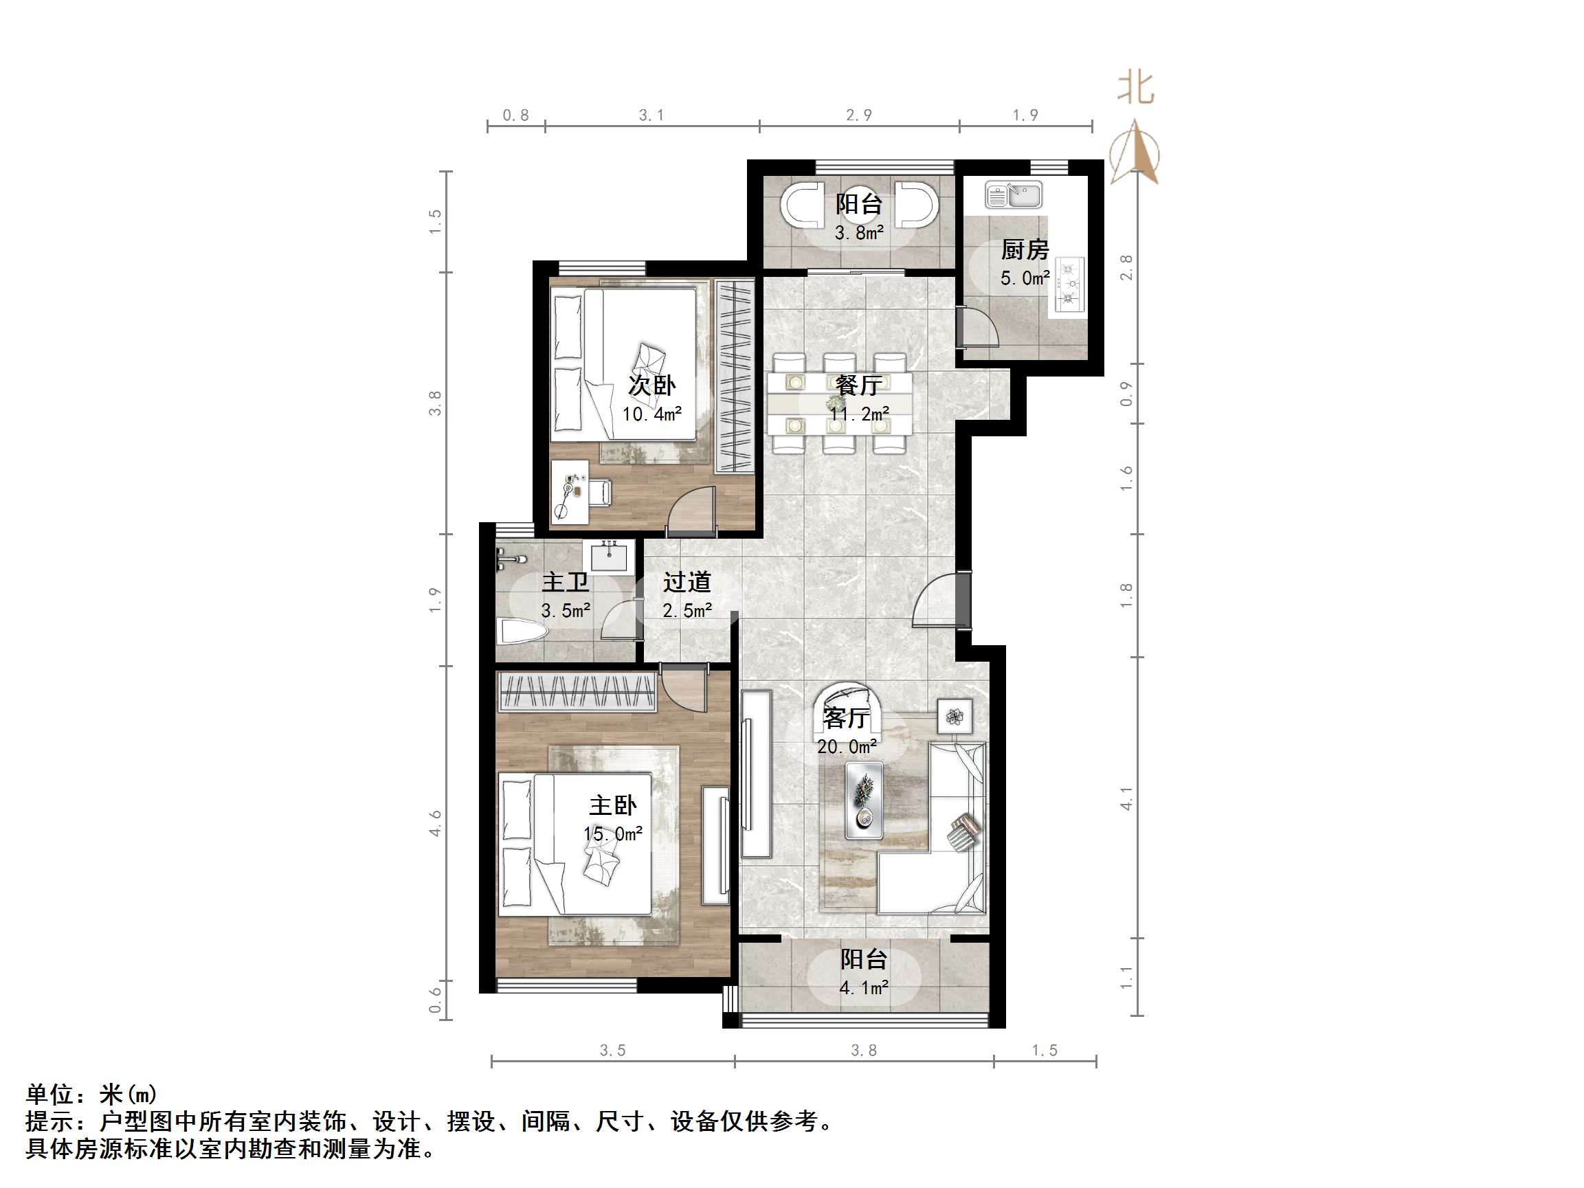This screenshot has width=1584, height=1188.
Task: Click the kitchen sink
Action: click(1013, 194)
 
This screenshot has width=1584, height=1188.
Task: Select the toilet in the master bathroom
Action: click(523, 632)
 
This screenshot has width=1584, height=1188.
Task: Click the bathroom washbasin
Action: click(610, 556)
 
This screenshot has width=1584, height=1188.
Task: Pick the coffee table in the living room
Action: click(864, 800)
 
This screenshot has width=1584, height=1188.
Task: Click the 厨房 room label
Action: click(1025, 250)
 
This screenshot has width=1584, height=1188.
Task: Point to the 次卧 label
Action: click(651, 385)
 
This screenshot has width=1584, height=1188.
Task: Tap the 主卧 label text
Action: click(613, 805)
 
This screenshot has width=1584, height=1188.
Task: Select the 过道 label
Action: click(687, 582)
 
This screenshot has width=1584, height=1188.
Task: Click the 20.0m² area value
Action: click(847, 747)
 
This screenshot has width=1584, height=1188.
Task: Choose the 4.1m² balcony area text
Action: click(864, 988)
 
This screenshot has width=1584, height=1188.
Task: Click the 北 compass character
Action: click(1136, 89)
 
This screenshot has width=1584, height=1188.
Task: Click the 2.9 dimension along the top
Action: click(858, 115)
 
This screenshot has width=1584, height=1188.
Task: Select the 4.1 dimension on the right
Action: click(1126, 798)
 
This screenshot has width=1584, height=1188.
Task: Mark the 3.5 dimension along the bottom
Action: click(612, 1051)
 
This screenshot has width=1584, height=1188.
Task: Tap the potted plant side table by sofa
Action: click(955, 716)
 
